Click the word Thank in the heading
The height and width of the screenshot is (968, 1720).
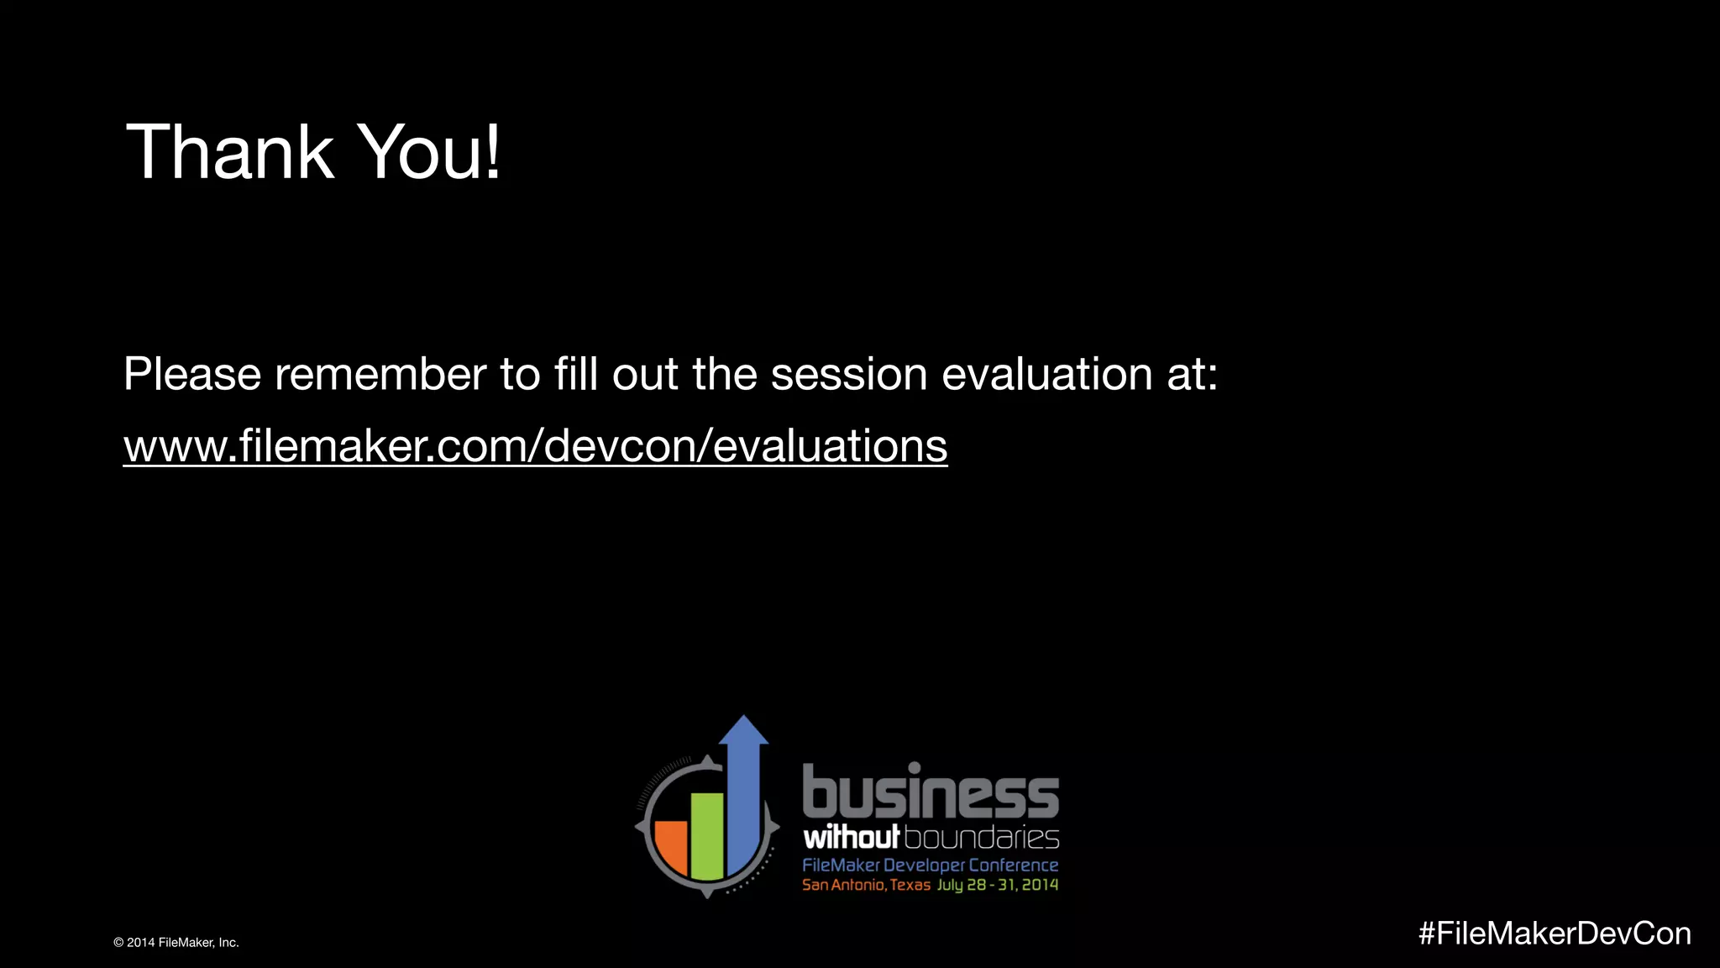pos(229,152)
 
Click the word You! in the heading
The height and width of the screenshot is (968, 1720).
pos(430,152)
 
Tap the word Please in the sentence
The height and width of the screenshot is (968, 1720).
pos(192,374)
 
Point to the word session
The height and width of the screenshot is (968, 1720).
pos(849,374)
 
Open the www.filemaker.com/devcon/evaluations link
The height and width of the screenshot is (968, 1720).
pos(535,445)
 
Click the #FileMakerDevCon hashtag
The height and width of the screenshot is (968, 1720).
pos(1555,934)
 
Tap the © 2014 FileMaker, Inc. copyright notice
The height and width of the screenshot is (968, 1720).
pos(176,943)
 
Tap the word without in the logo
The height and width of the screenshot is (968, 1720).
pos(851,838)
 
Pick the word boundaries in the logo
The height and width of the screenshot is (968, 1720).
pos(982,838)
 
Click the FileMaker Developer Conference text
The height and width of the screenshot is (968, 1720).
pos(930,865)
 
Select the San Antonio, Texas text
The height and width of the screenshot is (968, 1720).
pos(866,885)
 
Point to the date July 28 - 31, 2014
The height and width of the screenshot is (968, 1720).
pos(998,885)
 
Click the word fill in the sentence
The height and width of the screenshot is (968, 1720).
pos(575,374)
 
